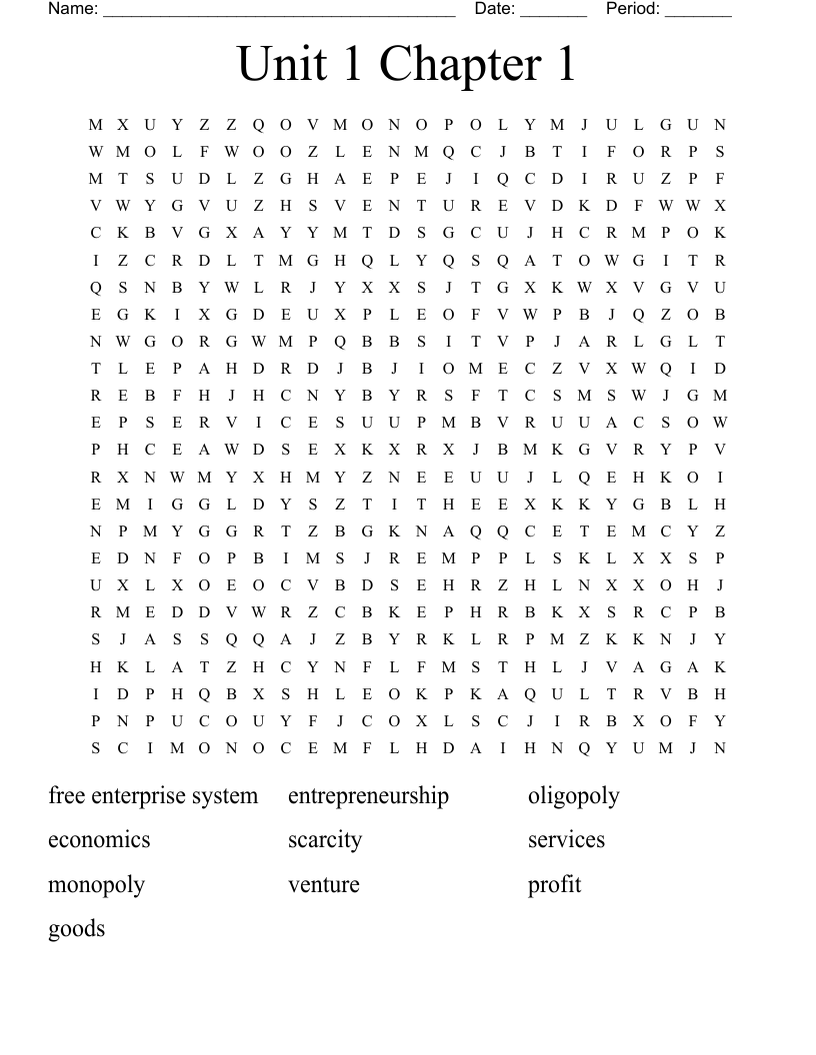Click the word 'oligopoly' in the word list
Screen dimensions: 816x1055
(x=573, y=796)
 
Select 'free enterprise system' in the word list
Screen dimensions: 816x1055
(x=153, y=796)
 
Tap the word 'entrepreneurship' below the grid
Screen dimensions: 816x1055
(x=368, y=796)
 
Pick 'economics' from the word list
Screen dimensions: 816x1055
(x=99, y=840)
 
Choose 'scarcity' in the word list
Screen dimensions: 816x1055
(x=325, y=840)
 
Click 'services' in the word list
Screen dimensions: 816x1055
(x=566, y=840)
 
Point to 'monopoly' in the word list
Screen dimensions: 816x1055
(x=96, y=885)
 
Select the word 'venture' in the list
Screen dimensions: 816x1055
(x=323, y=884)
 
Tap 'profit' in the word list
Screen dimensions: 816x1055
(x=554, y=884)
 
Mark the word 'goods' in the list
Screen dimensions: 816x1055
(x=76, y=929)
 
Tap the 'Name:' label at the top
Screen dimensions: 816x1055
(x=73, y=9)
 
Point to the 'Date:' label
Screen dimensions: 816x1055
(x=495, y=9)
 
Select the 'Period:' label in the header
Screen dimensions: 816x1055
(x=633, y=9)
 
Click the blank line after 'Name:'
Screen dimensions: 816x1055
(x=279, y=12)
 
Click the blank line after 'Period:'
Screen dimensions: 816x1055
(x=698, y=12)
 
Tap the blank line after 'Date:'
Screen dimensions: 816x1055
(x=554, y=12)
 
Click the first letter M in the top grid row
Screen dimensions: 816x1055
(x=96, y=125)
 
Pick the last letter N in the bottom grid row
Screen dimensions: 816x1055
(x=720, y=748)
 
